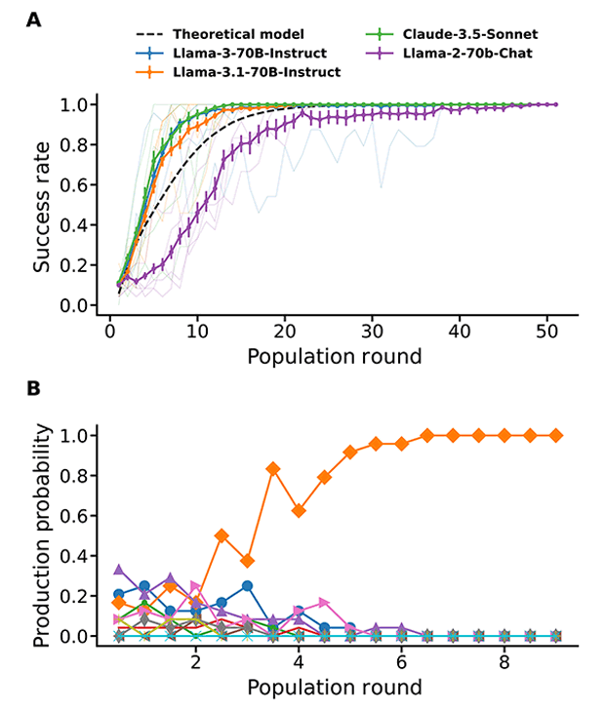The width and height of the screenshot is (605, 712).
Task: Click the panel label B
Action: click(34, 389)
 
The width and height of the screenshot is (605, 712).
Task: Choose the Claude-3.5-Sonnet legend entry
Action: click(463, 34)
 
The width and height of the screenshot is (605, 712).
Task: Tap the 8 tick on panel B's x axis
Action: click(504, 661)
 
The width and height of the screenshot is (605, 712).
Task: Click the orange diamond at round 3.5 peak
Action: click(273, 469)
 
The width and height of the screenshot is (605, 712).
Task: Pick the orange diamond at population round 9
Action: click(556, 435)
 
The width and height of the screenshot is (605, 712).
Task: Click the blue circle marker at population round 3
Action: click(248, 585)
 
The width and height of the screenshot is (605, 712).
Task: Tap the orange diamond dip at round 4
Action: click(299, 511)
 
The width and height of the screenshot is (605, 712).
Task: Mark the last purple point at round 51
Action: click(555, 104)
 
